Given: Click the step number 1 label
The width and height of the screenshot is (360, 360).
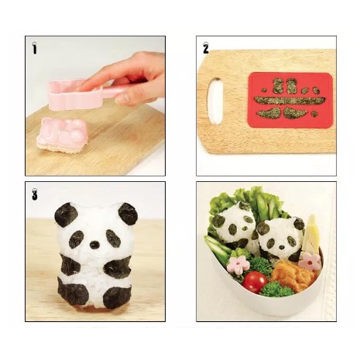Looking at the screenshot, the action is (35, 48).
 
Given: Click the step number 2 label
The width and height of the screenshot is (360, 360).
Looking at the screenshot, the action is (206, 48).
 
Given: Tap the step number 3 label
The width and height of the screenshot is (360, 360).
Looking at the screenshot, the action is (35, 194).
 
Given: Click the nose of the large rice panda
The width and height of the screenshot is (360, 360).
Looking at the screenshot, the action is (94, 245).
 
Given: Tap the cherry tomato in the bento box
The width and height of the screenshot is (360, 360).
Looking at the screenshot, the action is (255, 282).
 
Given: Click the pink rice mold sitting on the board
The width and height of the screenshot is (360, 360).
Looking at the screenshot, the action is (62, 135).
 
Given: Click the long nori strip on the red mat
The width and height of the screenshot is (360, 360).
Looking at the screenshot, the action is (287, 101).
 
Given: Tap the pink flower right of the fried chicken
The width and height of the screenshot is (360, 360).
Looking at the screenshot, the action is (309, 261).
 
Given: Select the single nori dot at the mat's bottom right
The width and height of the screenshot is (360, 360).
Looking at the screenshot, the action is (314, 114).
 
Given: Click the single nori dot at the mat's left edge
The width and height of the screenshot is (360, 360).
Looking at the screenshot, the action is (264, 90).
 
